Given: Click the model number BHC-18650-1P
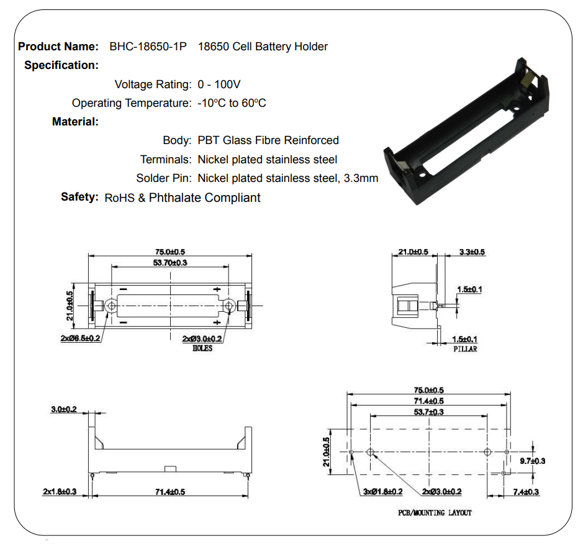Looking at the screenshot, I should [148, 47].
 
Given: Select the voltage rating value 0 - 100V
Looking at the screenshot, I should [219, 84].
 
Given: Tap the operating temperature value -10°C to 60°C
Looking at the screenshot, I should [232, 103].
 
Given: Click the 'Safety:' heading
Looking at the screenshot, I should [79, 197].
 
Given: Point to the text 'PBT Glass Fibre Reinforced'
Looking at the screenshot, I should [268, 140].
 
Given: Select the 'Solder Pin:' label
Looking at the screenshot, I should [164, 179].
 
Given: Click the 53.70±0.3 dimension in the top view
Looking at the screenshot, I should [170, 263].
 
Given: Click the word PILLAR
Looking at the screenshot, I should [465, 349].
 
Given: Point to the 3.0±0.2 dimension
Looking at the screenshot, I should [64, 409].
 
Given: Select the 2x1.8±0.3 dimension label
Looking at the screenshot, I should [60, 492].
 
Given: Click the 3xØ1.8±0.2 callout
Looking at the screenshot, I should [383, 492].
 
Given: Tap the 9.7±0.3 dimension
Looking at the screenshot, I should [532, 461].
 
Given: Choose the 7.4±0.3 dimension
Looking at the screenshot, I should [526, 492].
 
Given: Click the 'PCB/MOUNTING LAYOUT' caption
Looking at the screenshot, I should [435, 513].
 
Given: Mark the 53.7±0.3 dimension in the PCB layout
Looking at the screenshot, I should [429, 412].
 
